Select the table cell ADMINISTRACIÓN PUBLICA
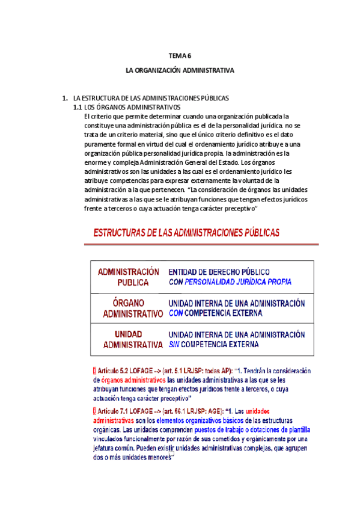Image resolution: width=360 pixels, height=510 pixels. [x=129, y=277]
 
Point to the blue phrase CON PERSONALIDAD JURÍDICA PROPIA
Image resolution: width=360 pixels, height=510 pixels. [x=230, y=281]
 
